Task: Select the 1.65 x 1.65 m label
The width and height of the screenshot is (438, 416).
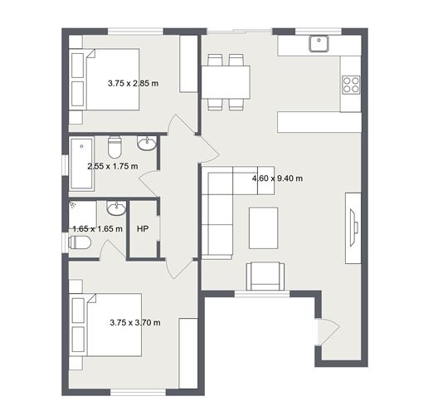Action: click(x=97, y=228)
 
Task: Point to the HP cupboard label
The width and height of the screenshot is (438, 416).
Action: click(x=142, y=228)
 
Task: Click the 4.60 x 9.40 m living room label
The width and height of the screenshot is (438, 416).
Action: click(x=277, y=178)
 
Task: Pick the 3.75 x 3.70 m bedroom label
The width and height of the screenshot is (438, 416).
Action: click(x=135, y=322)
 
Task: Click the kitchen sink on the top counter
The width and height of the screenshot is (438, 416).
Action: click(x=319, y=43)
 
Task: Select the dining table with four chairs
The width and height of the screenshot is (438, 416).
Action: click(x=226, y=82)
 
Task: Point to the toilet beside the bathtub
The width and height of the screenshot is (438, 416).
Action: click(x=116, y=145)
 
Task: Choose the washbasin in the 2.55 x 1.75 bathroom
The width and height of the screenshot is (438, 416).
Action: click(x=147, y=144)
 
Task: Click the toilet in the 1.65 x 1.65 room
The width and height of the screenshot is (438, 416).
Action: click(x=80, y=242)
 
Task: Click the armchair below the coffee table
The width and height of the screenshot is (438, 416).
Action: click(x=265, y=276)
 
